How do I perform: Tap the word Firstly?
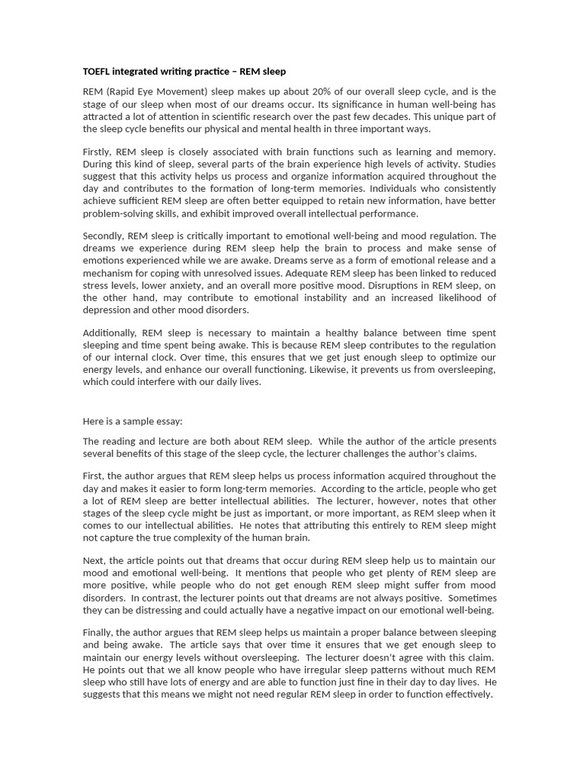click(x=99, y=152)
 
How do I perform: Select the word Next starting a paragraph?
click(x=94, y=561)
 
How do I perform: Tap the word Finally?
click(x=98, y=633)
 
